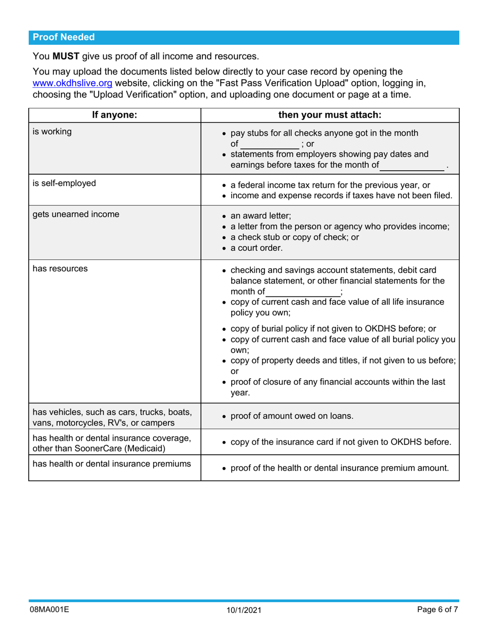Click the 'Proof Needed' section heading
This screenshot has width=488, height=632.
tap(64, 37)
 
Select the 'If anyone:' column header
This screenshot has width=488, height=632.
tap(114, 115)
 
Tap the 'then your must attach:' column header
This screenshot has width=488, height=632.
tap(329, 115)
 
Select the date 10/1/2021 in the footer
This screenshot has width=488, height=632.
tap(244, 610)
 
